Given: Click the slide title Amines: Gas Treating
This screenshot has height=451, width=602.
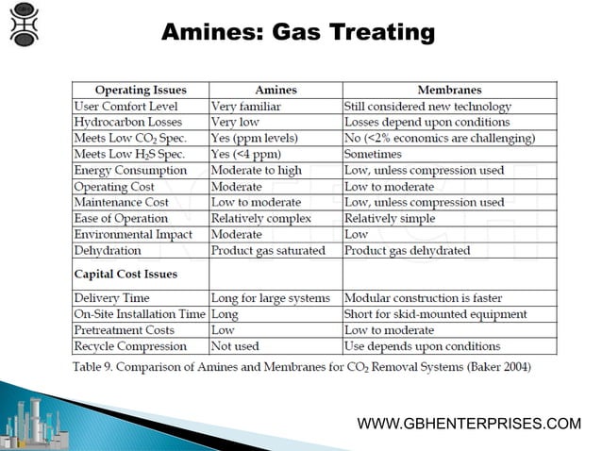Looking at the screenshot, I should point(298,33).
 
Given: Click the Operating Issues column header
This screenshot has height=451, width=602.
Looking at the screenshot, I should point(141,91).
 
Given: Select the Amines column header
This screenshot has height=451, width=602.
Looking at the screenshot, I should point(276,91).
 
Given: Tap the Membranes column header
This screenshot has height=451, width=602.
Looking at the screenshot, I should point(449,91).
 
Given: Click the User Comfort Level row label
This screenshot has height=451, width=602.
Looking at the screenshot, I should point(125,107).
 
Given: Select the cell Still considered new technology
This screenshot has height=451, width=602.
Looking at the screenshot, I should point(427,107).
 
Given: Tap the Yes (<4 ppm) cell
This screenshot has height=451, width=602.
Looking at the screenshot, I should point(245,154).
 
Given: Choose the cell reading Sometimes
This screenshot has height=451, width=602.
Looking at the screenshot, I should point(373,154).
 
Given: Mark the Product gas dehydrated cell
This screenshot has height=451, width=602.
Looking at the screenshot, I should point(407,251).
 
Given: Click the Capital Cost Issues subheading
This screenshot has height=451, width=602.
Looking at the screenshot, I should point(126,275).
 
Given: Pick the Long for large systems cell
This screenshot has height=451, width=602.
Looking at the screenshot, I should point(270,298).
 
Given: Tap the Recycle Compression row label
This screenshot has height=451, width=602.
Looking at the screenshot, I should point(131,346).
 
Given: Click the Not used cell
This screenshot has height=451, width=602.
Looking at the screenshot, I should point(235,346).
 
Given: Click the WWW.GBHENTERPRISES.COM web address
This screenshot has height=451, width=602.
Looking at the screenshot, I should point(469,424).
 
